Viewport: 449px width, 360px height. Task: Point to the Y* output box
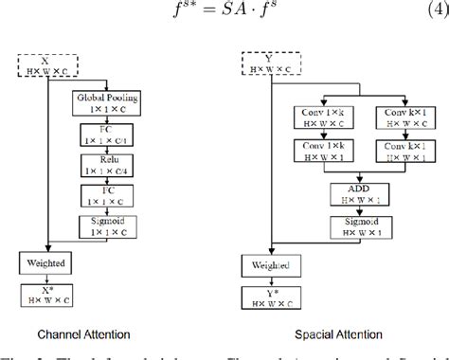click(x=266, y=297)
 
